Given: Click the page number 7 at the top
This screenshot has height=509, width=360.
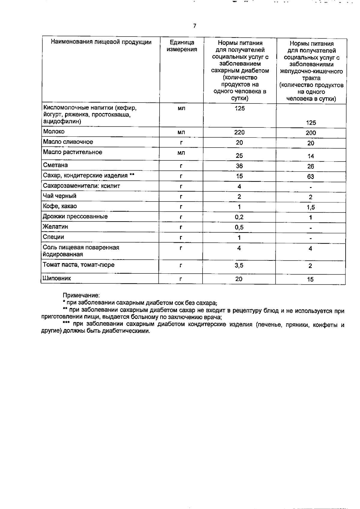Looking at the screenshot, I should [x=194, y=26].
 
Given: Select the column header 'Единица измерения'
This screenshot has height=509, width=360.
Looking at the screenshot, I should [x=182, y=46].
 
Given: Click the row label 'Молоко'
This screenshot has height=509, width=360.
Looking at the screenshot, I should [x=54, y=131].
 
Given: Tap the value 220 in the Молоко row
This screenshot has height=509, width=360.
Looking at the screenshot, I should [x=239, y=132].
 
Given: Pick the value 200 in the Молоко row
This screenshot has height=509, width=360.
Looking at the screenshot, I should [x=311, y=133].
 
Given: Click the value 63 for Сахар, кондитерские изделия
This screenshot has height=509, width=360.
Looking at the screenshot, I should [x=310, y=177].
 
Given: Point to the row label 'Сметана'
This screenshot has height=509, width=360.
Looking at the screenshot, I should [x=55, y=165].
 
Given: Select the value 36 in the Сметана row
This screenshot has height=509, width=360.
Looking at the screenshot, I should [x=239, y=166].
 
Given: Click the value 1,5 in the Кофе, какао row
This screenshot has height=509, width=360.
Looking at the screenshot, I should [x=310, y=207].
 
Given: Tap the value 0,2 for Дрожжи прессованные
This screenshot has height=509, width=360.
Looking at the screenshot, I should [x=239, y=217].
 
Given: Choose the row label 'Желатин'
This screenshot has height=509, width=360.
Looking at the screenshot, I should [x=55, y=227].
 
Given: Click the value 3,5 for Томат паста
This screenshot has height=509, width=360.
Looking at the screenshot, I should [x=239, y=265].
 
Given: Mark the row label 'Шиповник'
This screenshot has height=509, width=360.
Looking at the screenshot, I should [x=57, y=278].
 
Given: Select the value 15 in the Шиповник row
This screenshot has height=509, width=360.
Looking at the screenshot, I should [x=310, y=279].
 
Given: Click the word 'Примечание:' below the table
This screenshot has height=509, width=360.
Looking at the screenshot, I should [x=81, y=295].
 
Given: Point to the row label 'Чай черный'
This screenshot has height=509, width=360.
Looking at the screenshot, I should [x=60, y=196].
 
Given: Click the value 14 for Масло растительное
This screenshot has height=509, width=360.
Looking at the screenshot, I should [x=310, y=156].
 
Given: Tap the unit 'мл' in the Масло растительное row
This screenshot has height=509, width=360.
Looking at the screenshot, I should [x=181, y=153].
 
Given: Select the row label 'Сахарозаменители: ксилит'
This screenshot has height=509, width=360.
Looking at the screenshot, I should [x=81, y=186].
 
